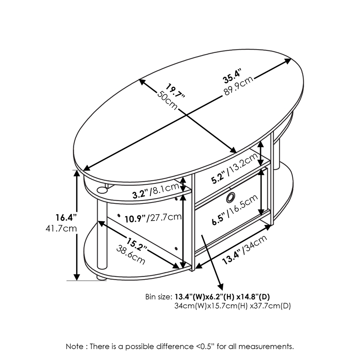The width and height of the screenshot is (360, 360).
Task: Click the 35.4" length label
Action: point(233,76)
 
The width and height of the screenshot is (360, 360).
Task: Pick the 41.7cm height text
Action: point(63,228)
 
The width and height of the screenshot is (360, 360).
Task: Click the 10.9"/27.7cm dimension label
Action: point(153,217)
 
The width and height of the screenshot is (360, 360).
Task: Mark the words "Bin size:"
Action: point(158,297)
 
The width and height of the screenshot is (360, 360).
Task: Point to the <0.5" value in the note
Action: point(204,346)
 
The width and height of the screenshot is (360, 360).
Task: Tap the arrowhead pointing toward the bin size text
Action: point(220,287)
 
